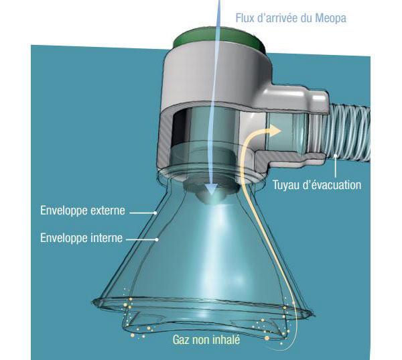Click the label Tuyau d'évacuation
[x=316, y=184]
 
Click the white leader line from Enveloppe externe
[x=143, y=212]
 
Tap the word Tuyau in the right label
[x=285, y=184]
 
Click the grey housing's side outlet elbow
[x=295, y=127]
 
